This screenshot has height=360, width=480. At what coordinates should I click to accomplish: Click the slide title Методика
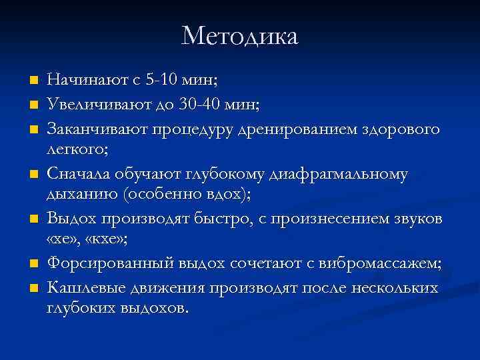pyautogui.click(x=239, y=36)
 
